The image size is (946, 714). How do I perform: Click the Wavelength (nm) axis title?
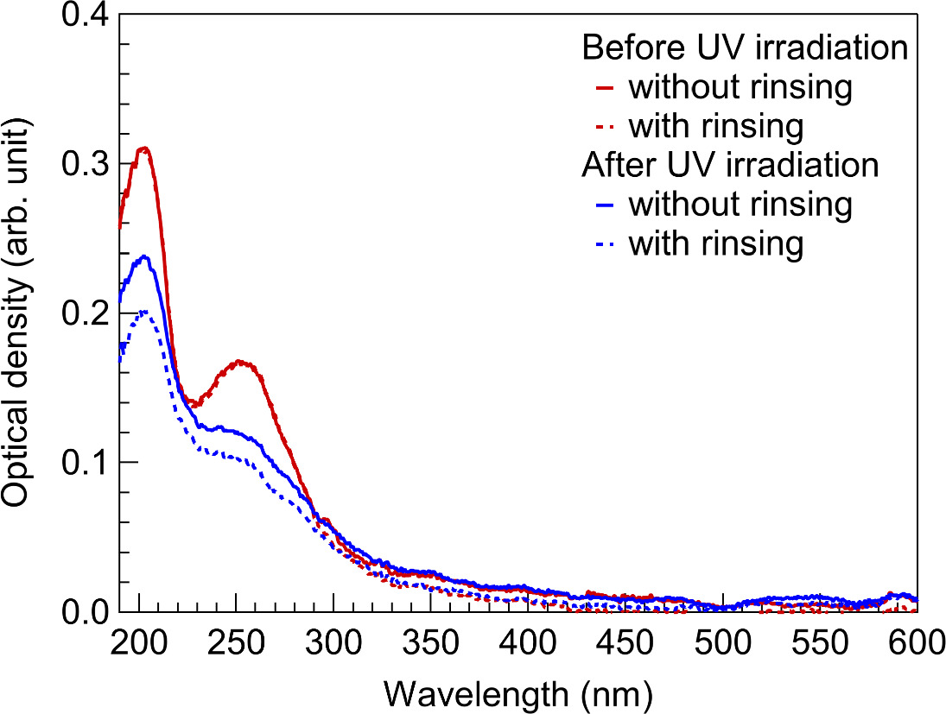tap(517, 692)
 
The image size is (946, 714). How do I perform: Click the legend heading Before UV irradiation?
tap(745, 47)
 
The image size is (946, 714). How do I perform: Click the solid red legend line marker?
tap(605, 87)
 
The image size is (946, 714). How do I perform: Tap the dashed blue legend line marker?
tap(605, 244)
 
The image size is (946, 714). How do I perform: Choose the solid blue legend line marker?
tap(605, 205)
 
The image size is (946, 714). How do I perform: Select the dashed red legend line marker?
tap(605, 127)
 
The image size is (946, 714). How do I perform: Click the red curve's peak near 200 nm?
tap(145, 148)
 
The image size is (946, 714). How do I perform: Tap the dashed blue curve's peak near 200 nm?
tap(145, 311)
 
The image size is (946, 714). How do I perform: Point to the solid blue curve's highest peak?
tap(144, 256)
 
